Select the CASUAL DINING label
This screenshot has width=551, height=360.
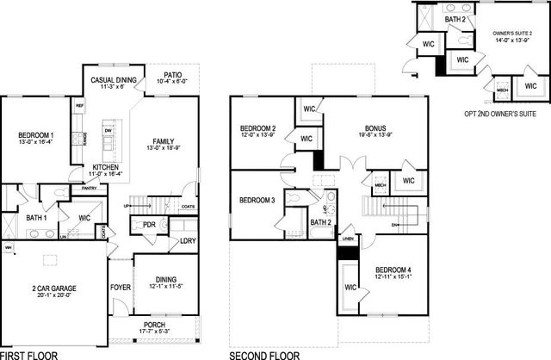point(115,80)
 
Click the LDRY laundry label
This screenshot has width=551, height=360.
point(187,240)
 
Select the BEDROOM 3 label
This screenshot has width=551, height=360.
point(257,201)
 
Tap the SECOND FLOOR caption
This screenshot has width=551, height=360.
point(264,354)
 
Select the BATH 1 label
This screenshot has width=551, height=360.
point(36,218)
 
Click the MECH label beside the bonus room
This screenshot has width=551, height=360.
point(380,183)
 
